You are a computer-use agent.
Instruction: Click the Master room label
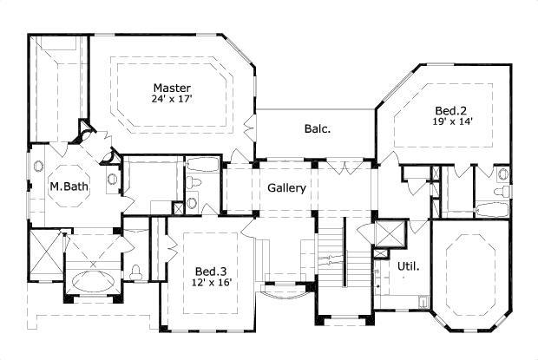172,88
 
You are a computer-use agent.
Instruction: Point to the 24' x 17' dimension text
172,99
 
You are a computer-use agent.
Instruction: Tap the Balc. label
317,129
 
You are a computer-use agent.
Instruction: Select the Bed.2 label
451,110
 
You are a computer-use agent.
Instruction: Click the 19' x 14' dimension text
451,121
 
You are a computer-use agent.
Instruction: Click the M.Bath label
65,186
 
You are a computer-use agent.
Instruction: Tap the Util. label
408,266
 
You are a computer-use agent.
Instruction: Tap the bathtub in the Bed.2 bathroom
493,208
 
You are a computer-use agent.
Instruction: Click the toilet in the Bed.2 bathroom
502,190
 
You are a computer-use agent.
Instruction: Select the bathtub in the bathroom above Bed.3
204,164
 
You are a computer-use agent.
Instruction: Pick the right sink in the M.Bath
112,179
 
